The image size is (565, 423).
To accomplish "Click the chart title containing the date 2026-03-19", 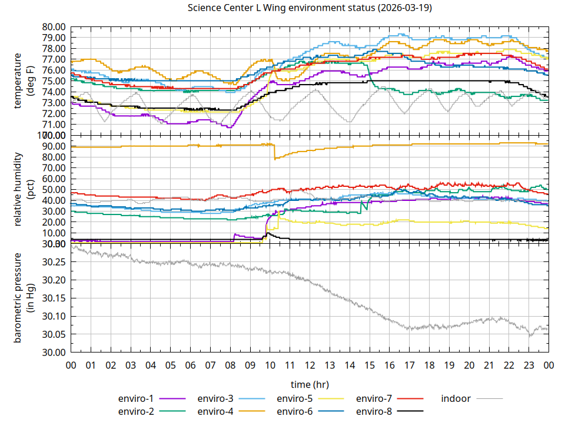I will pos(309,8).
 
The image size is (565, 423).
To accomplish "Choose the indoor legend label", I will pos(456,398).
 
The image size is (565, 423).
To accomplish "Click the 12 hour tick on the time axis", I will pos(310,365).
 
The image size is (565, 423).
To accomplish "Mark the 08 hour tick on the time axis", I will pos(230,365).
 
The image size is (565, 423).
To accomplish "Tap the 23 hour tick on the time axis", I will pos(529,365).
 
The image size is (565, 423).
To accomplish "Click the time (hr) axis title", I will pos(310,384).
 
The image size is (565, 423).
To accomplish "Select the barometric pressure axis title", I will pos(26,298).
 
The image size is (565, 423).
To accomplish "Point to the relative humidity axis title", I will pos(26,189).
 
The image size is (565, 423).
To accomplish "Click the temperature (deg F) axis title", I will pos(26,80).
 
